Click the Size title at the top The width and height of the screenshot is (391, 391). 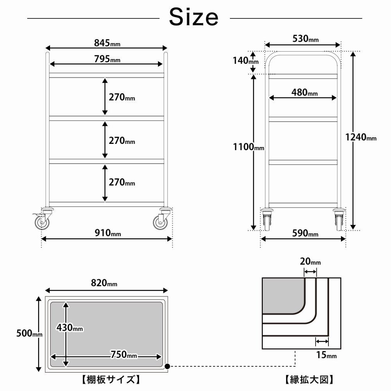(x=194, y=17)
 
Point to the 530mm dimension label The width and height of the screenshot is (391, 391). (x=305, y=39)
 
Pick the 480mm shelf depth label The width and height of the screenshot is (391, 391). (x=305, y=93)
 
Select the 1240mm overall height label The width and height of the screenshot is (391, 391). (x=361, y=137)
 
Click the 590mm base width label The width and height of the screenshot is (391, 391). (x=305, y=234)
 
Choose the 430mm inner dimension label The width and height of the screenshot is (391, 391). (x=70, y=328)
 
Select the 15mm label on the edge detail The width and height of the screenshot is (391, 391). (x=326, y=355)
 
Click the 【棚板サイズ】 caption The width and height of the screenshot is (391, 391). (x=106, y=379)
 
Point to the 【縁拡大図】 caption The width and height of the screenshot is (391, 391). (x=308, y=379)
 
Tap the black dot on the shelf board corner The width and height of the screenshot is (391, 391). (x=167, y=367)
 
